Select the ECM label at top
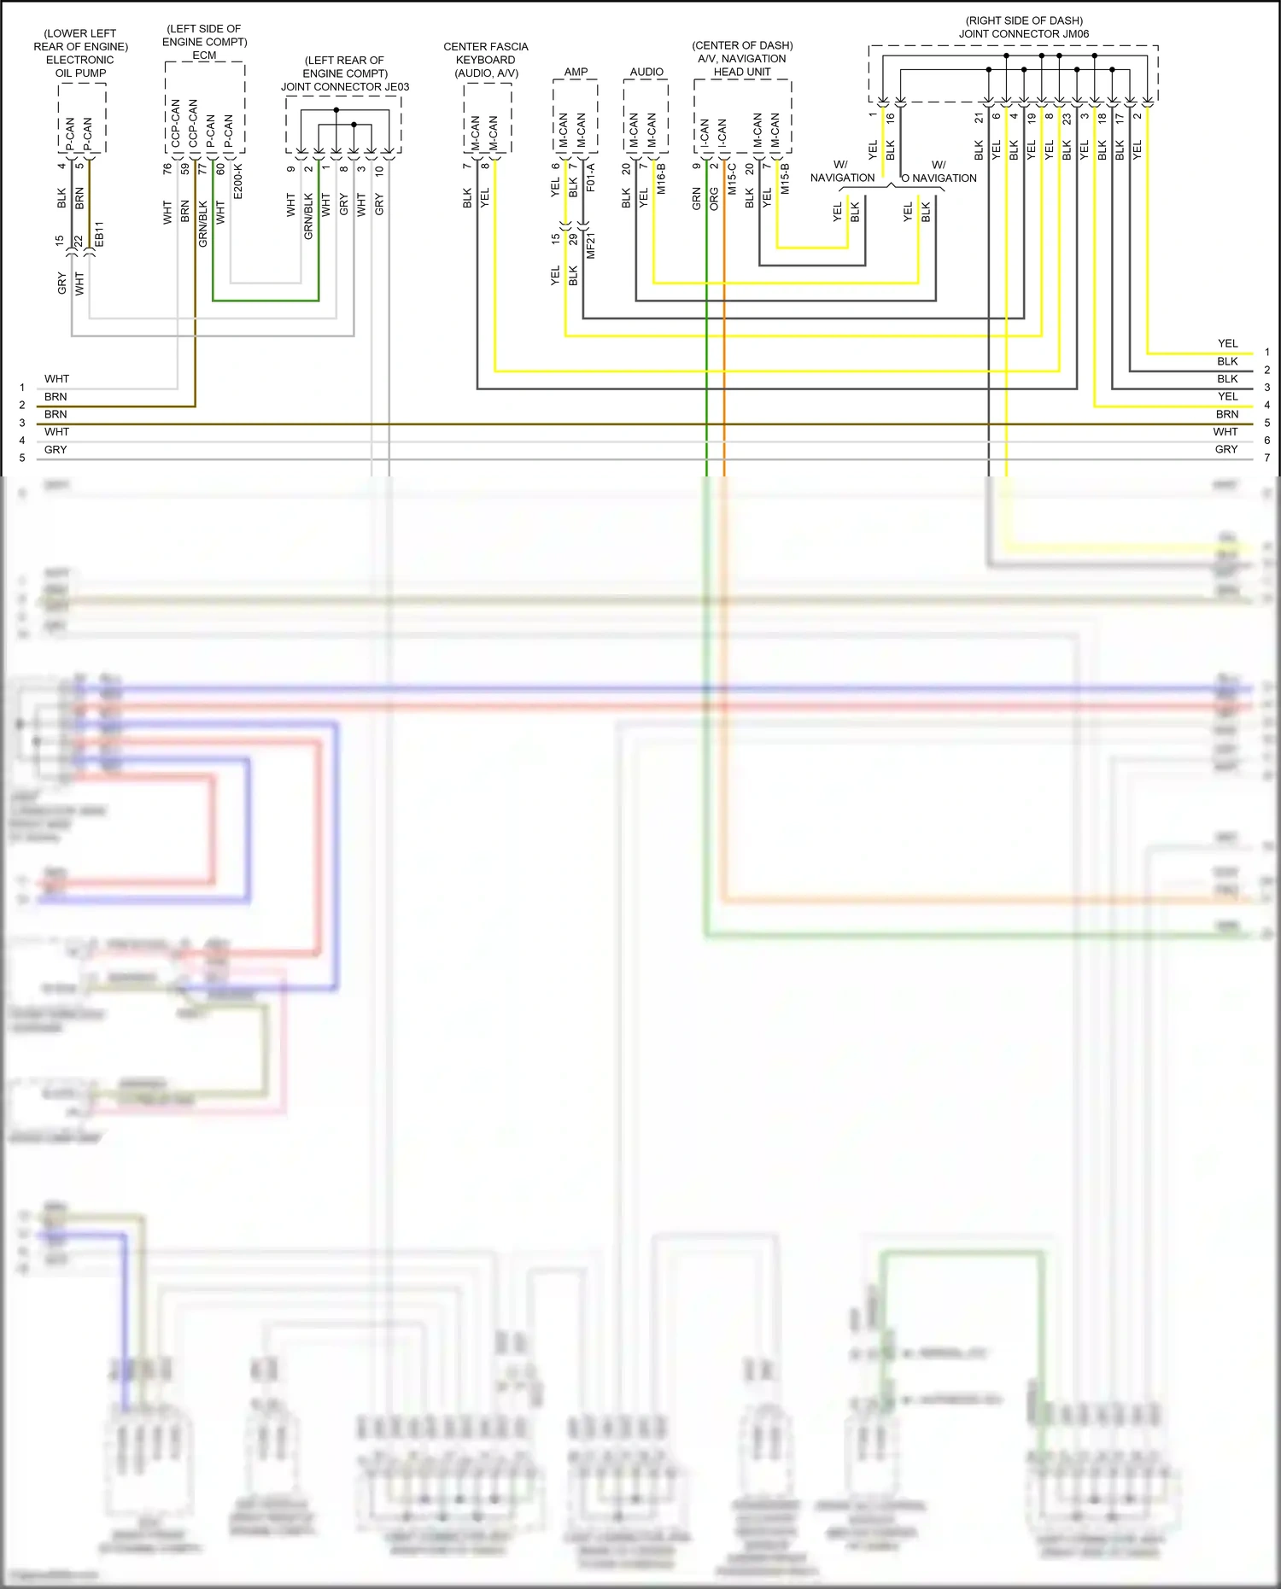click(204, 55)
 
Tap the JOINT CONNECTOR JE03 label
click(345, 86)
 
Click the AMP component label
click(576, 72)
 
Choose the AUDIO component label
click(646, 72)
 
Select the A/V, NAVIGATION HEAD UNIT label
click(742, 65)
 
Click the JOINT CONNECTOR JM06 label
click(1024, 34)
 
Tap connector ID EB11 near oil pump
click(99, 235)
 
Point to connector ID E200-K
click(238, 182)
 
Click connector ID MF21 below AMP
click(591, 245)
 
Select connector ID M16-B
click(661, 179)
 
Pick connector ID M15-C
click(732, 179)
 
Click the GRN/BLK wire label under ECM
click(202, 224)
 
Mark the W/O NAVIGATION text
click(939, 172)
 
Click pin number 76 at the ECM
click(167, 169)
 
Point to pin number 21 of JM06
click(979, 119)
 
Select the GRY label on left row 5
click(56, 450)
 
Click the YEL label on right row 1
click(1227, 343)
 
